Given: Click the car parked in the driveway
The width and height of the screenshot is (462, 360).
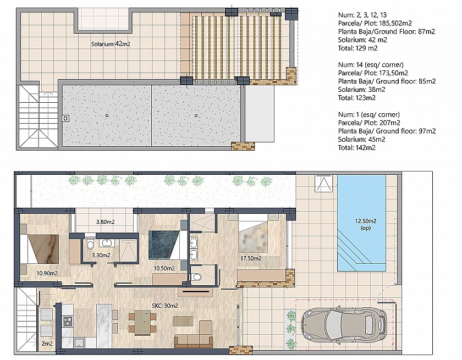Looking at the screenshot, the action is pyautogui.click(x=344, y=324).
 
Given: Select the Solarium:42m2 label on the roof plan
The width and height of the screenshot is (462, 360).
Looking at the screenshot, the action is pyautogui.click(x=111, y=44).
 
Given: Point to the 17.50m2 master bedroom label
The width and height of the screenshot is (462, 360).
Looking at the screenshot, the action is pyautogui.click(x=251, y=258).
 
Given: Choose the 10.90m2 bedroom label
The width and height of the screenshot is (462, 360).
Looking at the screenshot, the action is pyautogui.click(x=47, y=273).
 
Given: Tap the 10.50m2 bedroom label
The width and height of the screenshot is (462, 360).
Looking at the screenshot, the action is pyautogui.click(x=164, y=268).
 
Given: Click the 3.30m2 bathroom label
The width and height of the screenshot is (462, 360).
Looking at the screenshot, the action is pyautogui.click(x=101, y=255).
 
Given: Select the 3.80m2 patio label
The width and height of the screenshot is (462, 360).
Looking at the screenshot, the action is pyautogui.click(x=105, y=222).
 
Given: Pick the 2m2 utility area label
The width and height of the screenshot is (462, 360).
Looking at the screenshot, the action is pyautogui.click(x=47, y=344).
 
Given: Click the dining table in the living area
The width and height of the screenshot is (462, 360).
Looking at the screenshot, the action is pyautogui.click(x=142, y=323).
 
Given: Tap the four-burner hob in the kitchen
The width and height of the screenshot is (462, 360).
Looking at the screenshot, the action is pyautogui.click(x=68, y=321).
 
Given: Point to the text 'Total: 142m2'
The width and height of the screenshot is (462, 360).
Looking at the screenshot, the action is pyautogui.click(x=357, y=148).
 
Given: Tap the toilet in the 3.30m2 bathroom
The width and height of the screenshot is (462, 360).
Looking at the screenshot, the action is pyautogui.click(x=90, y=244).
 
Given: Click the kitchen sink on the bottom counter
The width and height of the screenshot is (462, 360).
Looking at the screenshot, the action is pyautogui.click(x=79, y=342).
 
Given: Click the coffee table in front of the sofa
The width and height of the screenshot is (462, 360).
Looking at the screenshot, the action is pyautogui.click(x=183, y=321).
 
